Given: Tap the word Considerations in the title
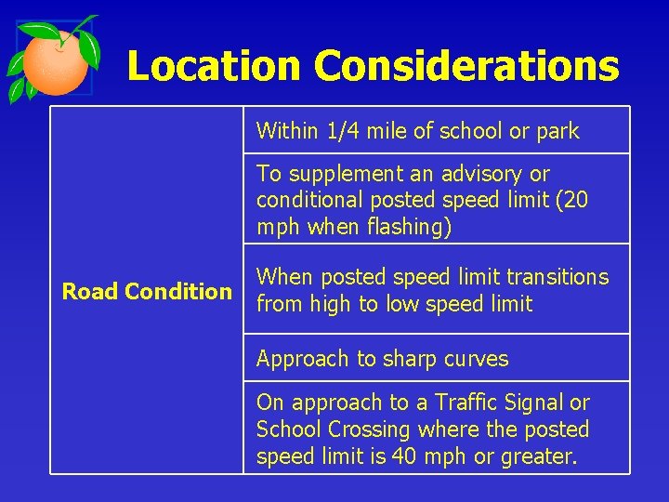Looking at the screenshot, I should [466, 66].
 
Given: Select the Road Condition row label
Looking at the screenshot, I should [147, 292].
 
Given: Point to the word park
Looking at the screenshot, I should [557, 132].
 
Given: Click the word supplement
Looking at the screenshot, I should [332, 174].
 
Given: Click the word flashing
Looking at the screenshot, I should [409, 228].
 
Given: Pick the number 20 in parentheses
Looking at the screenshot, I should [576, 201].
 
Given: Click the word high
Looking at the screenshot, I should [328, 304].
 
